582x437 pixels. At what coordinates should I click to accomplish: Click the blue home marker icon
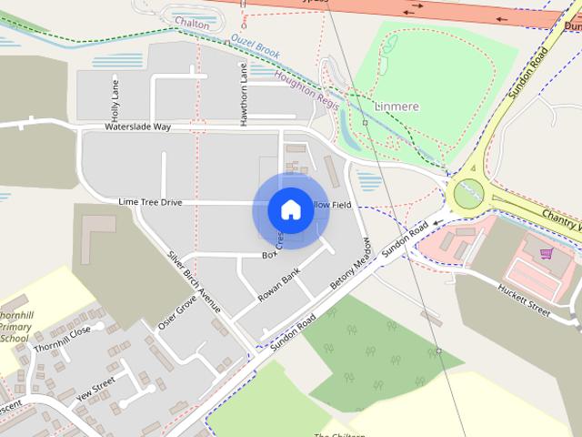[290, 209]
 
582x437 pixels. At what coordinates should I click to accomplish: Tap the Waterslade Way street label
[137, 127]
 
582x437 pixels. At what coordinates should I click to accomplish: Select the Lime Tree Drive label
[150, 201]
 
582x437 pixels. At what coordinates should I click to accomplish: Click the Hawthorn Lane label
[244, 95]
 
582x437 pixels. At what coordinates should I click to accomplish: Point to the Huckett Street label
[523, 300]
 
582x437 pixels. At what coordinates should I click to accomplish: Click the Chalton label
[192, 25]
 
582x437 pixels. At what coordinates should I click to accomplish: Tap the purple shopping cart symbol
[546, 253]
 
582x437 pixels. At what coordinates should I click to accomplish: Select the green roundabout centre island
[467, 193]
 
